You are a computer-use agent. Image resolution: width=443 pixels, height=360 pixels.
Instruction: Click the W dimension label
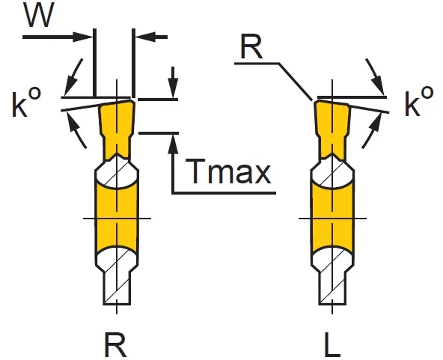coord(39,15)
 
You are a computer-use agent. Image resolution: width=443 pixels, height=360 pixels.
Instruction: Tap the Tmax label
coord(228,171)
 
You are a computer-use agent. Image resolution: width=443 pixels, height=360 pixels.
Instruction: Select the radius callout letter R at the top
coord(251,47)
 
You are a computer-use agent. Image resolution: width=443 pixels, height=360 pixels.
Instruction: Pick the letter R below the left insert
coord(115,345)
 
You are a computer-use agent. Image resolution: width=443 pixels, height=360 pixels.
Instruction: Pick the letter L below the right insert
coord(332,345)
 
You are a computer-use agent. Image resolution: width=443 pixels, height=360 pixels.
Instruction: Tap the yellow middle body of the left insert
coord(117,218)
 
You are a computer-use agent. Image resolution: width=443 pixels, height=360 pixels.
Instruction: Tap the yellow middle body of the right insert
coord(332,218)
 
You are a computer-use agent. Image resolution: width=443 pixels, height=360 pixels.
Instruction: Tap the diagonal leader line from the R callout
coord(296,82)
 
